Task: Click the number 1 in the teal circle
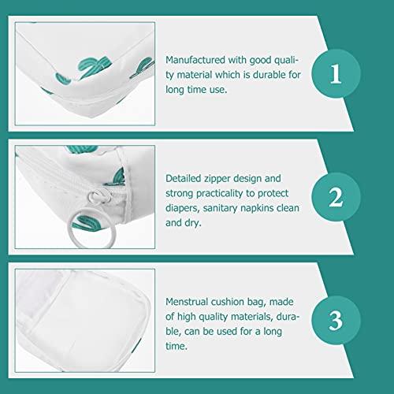click(335, 74)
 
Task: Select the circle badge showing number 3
click(335, 322)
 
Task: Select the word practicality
click(225, 193)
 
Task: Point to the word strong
click(182, 193)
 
